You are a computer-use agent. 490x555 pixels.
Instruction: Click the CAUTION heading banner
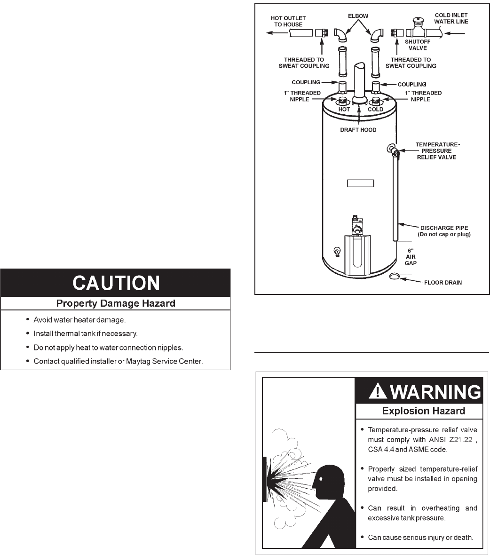[x=116, y=283]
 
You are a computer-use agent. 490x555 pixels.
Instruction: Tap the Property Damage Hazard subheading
[x=116, y=303]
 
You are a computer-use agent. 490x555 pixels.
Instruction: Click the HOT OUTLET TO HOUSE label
[x=288, y=21]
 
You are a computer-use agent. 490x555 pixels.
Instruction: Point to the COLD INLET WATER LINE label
[x=451, y=18]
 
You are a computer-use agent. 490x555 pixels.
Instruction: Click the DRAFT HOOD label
[x=358, y=130]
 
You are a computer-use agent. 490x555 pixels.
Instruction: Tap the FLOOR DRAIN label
[x=443, y=283]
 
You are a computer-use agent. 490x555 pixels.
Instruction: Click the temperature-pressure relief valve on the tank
[x=393, y=150]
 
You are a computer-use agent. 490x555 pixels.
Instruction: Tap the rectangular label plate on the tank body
[x=360, y=183]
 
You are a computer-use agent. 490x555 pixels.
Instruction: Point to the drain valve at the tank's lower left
[x=336, y=251]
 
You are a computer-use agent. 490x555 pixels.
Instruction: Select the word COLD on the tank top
[x=375, y=109]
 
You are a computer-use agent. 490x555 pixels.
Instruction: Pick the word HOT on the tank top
[x=344, y=109]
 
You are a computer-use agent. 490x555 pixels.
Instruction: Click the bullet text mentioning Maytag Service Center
[x=121, y=361]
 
